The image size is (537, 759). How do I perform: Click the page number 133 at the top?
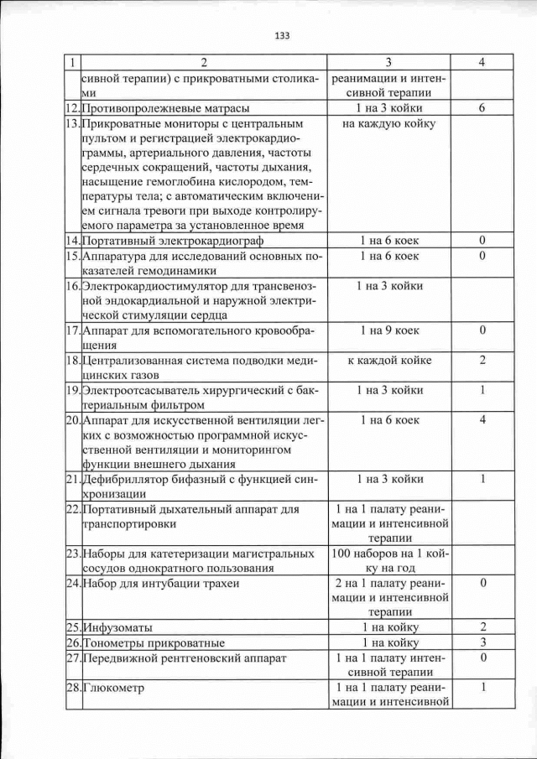pyautogui.click(x=282, y=35)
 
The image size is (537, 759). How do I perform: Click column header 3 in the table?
pyautogui.click(x=388, y=63)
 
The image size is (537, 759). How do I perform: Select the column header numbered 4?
pyautogui.click(x=482, y=63)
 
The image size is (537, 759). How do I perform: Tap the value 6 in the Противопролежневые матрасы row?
pyautogui.click(x=482, y=109)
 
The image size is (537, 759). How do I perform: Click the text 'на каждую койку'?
pyautogui.click(x=388, y=124)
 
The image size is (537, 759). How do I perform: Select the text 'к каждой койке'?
pyautogui.click(x=388, y=361)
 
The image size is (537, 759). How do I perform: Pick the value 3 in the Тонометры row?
pyautogui.click(x=482, y=643)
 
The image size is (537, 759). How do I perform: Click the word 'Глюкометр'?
pyautogui.click(x=113, y=689)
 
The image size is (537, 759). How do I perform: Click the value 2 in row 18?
pyautogui.click(x=482, y=361)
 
